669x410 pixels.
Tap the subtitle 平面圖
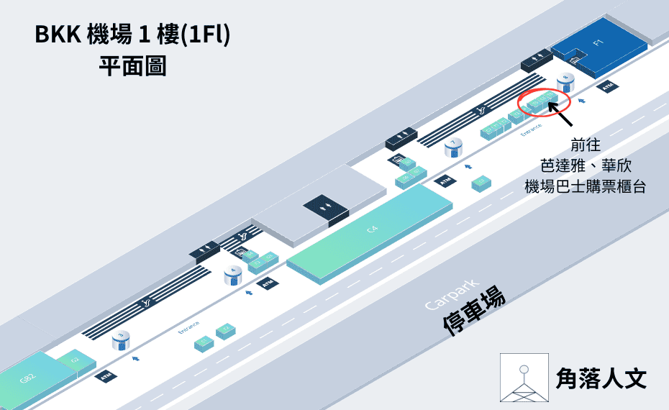pos(132,67)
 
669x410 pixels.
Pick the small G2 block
pos(74,359)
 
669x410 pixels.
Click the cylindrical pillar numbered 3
pos(122,340)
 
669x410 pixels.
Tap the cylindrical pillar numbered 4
pos(232,275)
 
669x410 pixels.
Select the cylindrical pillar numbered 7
pos(453,148)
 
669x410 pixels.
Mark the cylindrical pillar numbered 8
pos(565,81)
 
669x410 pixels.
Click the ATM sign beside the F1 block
pos(609,87)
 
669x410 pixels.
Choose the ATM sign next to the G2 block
pos(105,376)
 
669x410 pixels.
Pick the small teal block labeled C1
pos(204,342)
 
